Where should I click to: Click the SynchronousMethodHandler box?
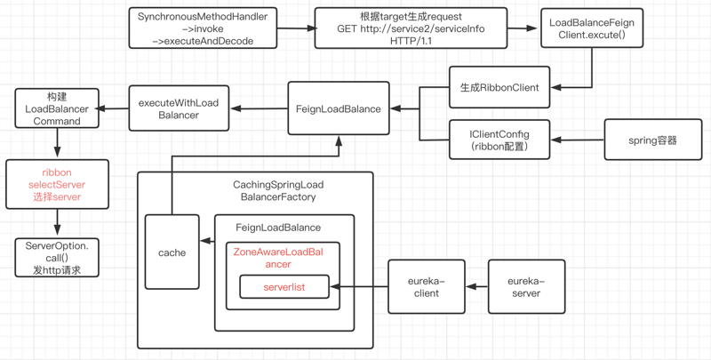(202, 28)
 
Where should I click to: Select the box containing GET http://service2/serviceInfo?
(411, 28)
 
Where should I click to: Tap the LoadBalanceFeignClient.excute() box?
(592, 28)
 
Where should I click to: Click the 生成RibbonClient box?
(499, 87)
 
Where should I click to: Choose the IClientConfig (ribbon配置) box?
(499, 140)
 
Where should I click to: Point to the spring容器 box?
(652, 140)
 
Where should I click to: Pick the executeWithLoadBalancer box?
(179, 108)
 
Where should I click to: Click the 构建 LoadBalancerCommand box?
(57, 108)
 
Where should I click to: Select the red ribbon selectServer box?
(57, 184)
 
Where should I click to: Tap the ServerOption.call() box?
(57, 257)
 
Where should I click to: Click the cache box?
(172, 252)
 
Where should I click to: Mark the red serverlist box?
(284, 287)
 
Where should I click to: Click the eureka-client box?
(426, 286)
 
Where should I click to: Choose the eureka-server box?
(526, 286)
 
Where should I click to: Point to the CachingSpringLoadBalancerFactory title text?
(278, 190)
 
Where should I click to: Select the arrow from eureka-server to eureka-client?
(477, 286)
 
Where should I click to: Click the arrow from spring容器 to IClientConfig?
(577, 140)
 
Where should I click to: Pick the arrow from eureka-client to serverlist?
(359, 287)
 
